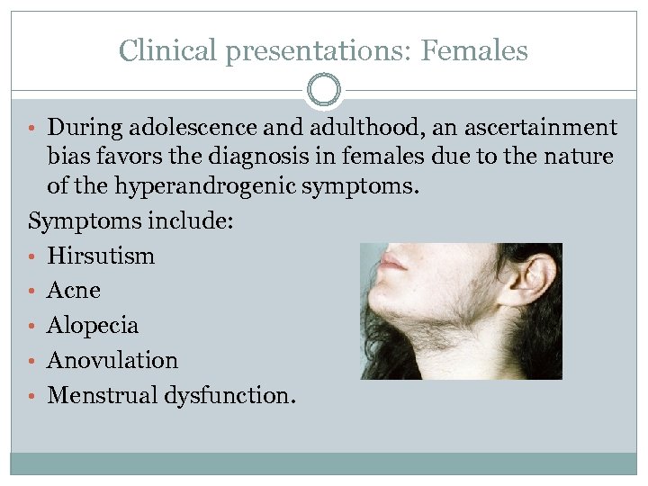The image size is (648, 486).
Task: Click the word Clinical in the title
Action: coord(168,50)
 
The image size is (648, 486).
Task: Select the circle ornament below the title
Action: coord(324,90)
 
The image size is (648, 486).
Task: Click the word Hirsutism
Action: coord(101,256)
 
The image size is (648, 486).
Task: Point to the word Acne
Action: coord(74,291)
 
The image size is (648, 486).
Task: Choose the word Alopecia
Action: coord(93,326)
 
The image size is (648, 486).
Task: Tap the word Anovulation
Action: coord(112,360)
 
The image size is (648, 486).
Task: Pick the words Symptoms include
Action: coord(131,220)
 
